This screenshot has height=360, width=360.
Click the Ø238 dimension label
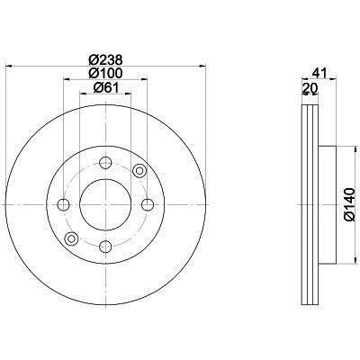(105, 60)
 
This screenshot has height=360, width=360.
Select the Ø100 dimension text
(105, 73)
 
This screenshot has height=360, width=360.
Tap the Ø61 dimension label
(106, 87)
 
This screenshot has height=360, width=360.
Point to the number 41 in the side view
(319, 73)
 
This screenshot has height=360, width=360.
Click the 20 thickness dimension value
(310, 88)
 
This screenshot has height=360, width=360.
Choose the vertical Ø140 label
(349, 204)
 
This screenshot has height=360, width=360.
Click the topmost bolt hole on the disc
(105, 163)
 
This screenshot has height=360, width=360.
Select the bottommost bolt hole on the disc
(105, 247)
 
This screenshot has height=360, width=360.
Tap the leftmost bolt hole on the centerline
(63, 205)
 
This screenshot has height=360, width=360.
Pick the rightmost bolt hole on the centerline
(148, 205)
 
